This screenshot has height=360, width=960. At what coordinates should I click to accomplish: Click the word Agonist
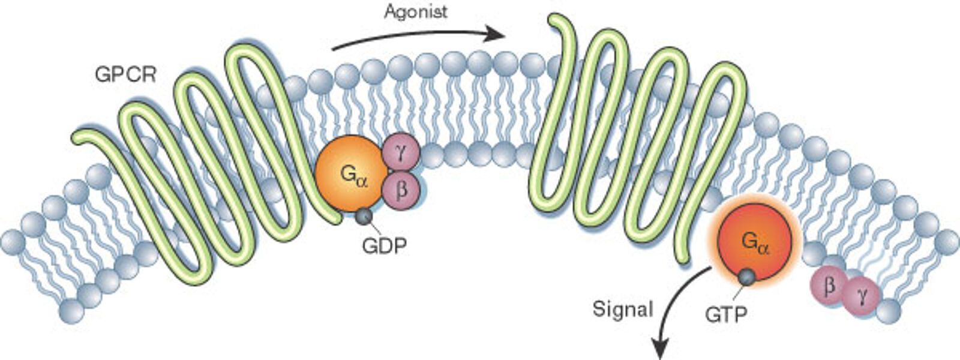click(x=416, y=11)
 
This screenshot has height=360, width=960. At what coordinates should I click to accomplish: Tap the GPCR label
click(x=126, y=75)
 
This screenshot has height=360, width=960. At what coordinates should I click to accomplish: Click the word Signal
click(x=623, y=308)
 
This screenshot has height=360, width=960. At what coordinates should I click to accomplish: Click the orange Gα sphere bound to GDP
click(x=349, y=173)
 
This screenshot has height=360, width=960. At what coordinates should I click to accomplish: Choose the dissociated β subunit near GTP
click(x=829, y=285)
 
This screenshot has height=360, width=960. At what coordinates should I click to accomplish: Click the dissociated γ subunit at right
click(x=862, y=296)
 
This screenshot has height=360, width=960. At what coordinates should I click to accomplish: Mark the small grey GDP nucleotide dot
click(x=364, y=215)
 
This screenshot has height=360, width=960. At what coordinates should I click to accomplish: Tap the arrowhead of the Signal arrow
click(x=660, y=349)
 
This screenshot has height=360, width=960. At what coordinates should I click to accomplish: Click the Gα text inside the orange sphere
click(x=354, y=175)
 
